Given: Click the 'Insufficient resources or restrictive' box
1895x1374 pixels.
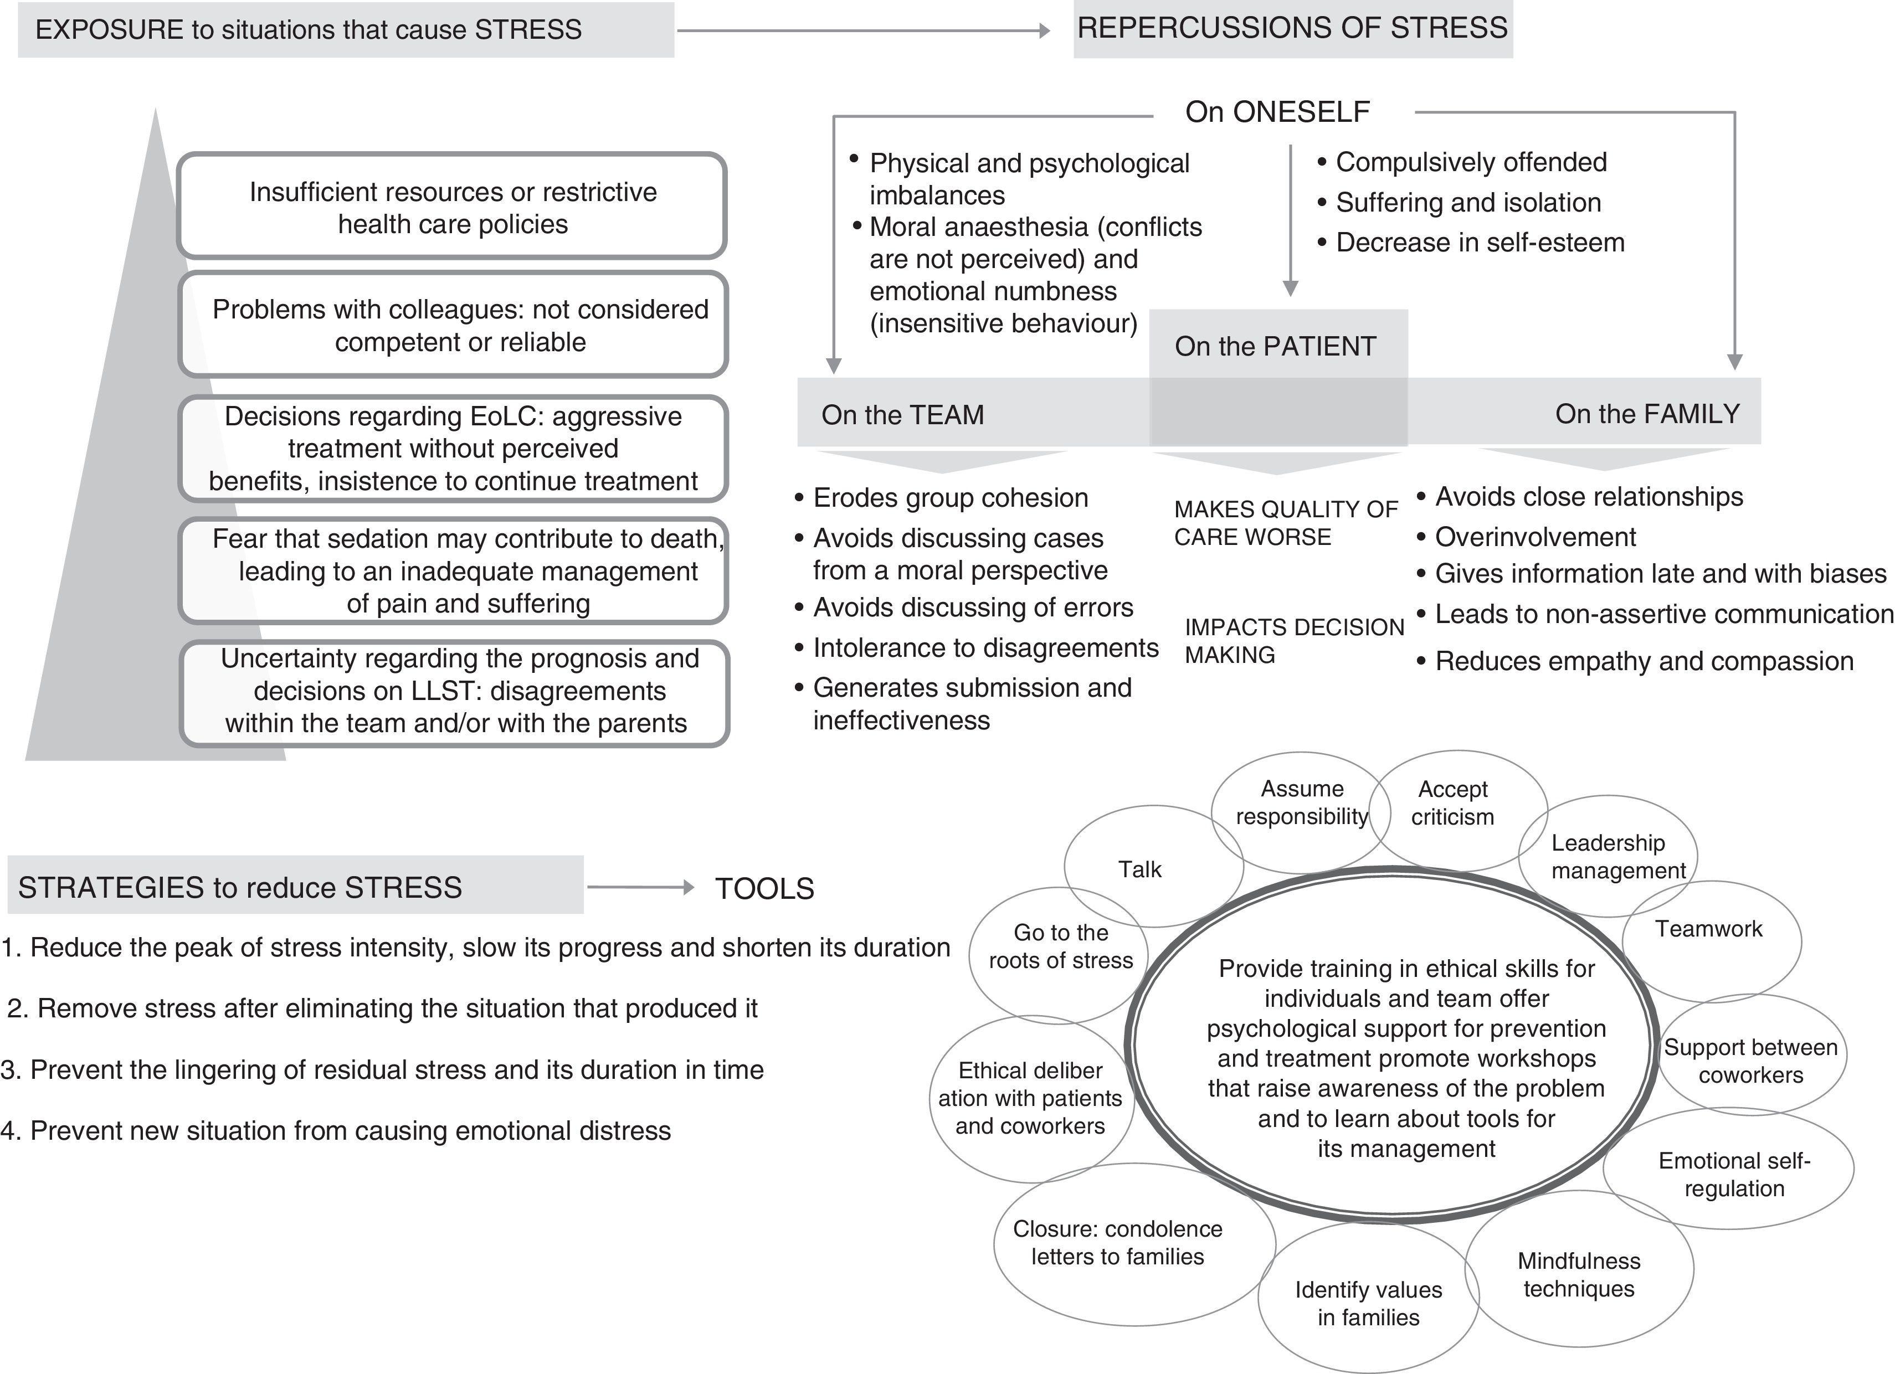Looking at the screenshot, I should coord(452,207).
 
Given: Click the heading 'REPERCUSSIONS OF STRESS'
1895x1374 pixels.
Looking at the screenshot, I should coord(1292,28).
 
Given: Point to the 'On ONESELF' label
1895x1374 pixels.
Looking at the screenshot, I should coord(1277,112).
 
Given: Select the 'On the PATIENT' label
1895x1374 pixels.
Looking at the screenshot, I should coord(1275,346).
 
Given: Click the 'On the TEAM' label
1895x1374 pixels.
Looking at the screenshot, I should coord(902,414).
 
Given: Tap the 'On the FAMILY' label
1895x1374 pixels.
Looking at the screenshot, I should coord(1647,414).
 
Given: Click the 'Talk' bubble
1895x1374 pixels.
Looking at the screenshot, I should coord(1139,869).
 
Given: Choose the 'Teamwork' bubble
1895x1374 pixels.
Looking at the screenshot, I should coord(1709,929).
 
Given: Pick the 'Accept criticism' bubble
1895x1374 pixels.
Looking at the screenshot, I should coord(1453,802).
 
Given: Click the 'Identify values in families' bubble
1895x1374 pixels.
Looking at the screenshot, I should coord(1368,1303).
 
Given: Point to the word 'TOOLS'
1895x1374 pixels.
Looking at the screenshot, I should coord(764,889).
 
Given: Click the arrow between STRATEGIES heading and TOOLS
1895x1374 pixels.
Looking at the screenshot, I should coord(640,888).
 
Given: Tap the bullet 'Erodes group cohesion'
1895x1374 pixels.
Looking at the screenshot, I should coord(950,498).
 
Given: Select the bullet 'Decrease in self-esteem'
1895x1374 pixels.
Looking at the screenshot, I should coord(1480,242).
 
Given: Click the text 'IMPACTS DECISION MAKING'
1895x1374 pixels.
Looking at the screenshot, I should coord(1293,641).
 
